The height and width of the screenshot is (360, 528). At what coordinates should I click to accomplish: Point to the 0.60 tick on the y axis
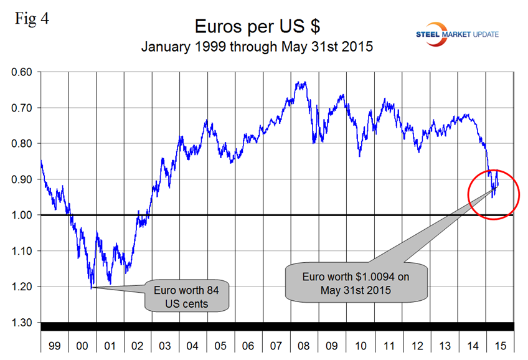[x=24, y=72]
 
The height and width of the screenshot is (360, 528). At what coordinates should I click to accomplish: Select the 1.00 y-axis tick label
[x=24, y=216]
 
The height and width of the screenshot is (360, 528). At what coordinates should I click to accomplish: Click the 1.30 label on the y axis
[x=24, y=323]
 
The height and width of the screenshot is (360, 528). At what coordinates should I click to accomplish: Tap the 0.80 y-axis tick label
[x=24, y=144]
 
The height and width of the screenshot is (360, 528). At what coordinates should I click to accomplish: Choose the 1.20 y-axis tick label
[x=24, y=287]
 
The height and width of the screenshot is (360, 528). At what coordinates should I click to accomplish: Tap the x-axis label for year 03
[x=166, y=344]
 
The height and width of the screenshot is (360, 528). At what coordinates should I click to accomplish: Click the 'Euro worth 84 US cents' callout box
[x=187, y=296]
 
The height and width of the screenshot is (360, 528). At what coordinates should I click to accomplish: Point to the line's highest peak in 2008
[x=298, y=82]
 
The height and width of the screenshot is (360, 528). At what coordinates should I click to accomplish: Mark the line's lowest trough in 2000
[x=92, y=288]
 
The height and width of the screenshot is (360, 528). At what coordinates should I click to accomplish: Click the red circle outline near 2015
[x=519, y=194]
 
